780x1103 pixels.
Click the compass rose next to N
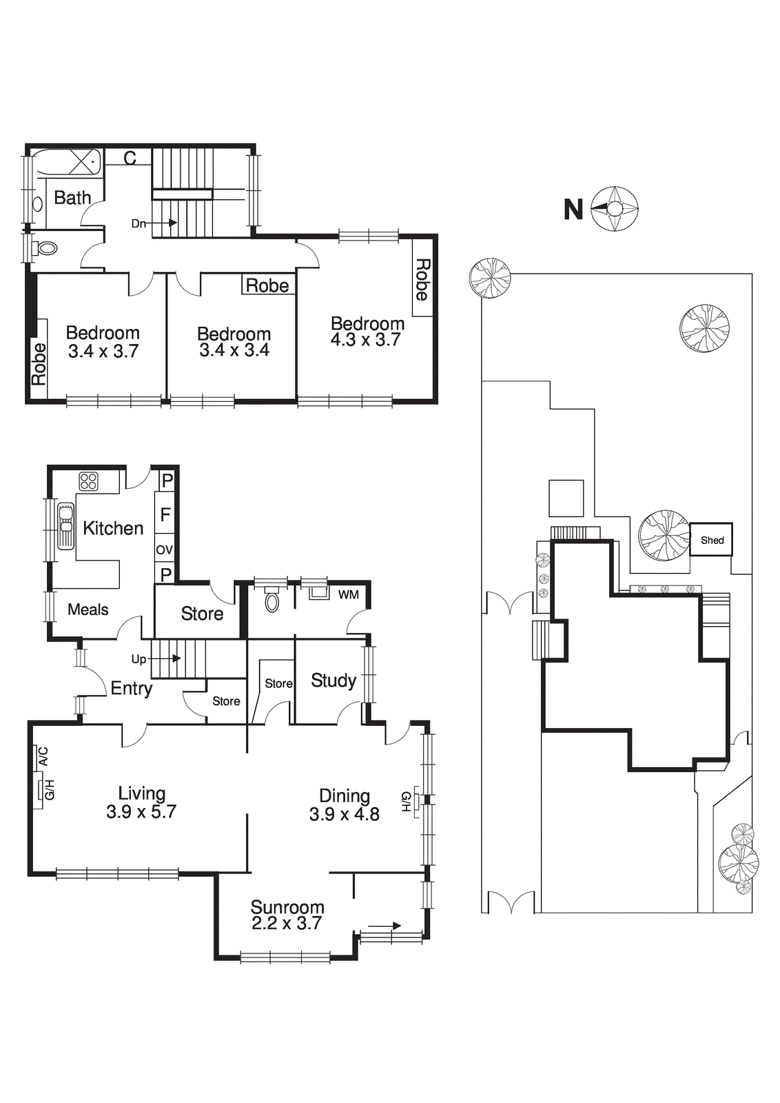point(615,208)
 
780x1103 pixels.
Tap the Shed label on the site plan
point(712,540)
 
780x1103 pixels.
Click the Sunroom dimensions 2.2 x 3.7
point(287,924)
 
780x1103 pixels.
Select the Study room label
point(333,680)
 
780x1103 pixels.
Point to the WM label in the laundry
point(348,594)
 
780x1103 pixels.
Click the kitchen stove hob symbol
point(88,481)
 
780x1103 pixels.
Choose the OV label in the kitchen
point(164,550)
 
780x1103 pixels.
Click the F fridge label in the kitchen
point(165,514)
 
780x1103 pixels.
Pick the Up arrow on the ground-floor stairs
point(165,658)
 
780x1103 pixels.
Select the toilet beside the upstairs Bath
point(46,247)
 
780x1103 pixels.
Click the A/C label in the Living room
point(43,757)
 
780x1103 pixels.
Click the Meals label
point(88,609)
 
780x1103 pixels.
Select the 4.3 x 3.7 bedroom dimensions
point(365,340)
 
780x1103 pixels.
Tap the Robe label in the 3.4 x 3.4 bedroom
point(267,285)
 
